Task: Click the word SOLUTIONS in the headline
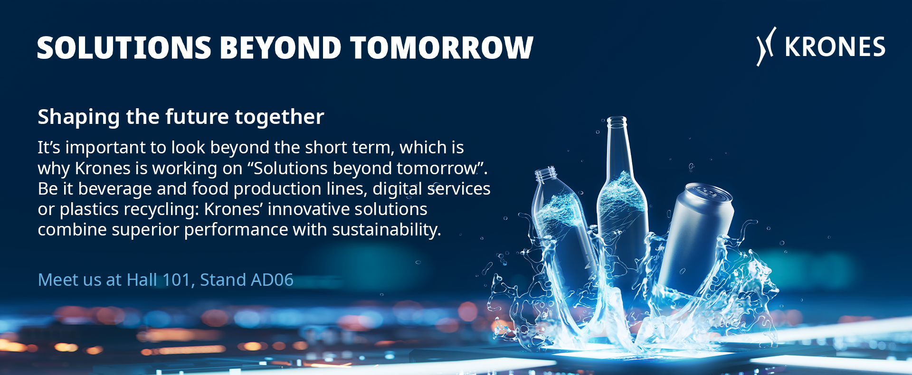pyautogui.click(x=124, y=47)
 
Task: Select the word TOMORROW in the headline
pyautogui.click(x=442, y=47)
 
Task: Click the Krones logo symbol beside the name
pyautogui.click(x=766, y=46)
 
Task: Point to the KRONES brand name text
pyautogui.click(x=835, y=47)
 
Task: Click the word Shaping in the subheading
pyautogui.click(x=78, y=117)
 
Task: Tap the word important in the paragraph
pyautogui.click(x=105, y=148)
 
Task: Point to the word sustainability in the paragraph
pyautogui.click(x=387, y=230)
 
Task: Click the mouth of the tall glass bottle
pyautogui.click(x=617, y=119)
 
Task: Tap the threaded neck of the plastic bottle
pyautogui.click(x=546, y=174)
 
